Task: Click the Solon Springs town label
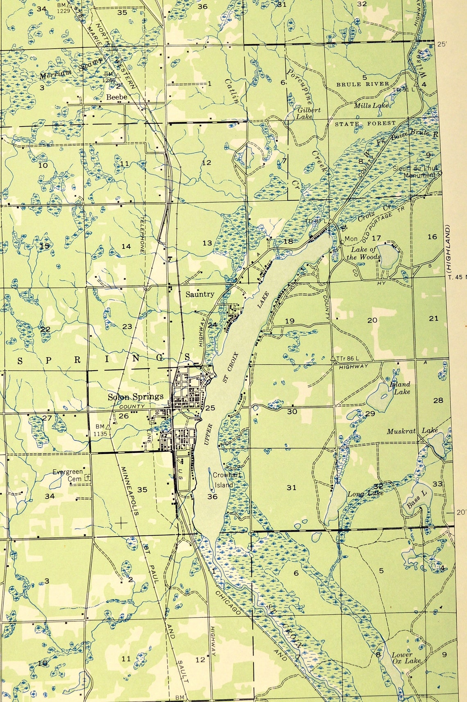(x=136, y=396)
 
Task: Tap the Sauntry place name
(x=200, y=294)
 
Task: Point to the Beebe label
(x=117, y=97)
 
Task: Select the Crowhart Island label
(x=225, y=480)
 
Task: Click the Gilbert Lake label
(x=309, y=113)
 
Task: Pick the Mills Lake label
(x=371, y=106)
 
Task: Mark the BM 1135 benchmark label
(x=100, y=430)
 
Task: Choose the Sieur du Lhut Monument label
(x=415, y=172)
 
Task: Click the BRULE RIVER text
(x=363, y=84)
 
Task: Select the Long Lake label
(x=365, y=494)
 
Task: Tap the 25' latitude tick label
(x=442, y=44)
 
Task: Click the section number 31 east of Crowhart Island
(x=291, y=487)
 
